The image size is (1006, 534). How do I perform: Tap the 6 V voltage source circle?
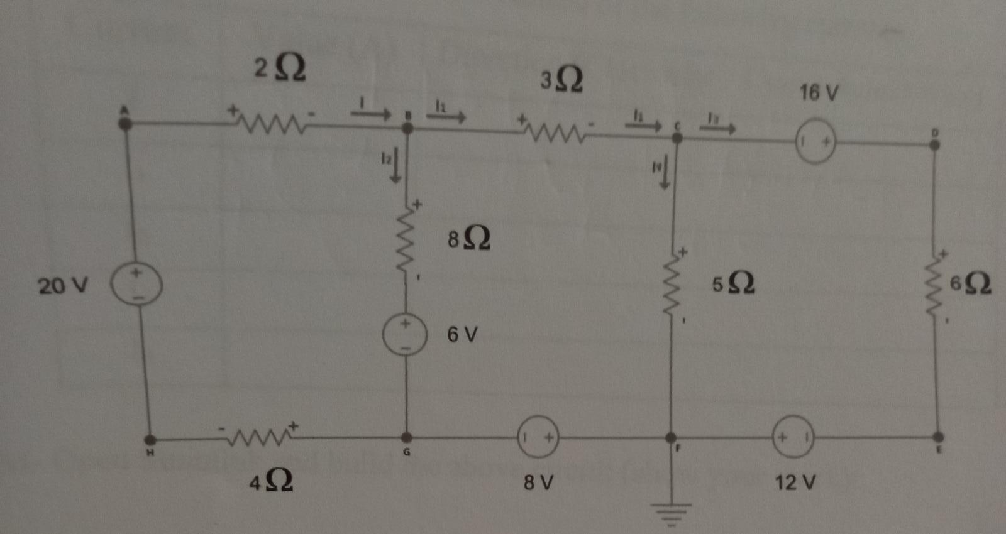point(406,334)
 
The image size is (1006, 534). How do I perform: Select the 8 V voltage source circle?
point(538,437)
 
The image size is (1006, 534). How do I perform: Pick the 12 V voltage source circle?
point(793,437)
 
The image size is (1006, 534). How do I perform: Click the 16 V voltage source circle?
point(815,143)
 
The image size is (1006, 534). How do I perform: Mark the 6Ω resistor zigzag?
point(936,286)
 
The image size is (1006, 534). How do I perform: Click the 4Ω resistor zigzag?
point(259,435)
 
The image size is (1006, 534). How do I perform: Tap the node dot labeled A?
point(125,123)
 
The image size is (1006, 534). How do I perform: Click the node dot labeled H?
point(150,440)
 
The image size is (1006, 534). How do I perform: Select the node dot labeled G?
point(407,437)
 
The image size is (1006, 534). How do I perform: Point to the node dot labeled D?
point(935,144)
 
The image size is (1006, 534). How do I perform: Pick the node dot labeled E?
point(938,437)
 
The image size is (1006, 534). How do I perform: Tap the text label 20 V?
point(63,286)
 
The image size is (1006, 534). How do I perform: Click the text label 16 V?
point(819,93)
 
